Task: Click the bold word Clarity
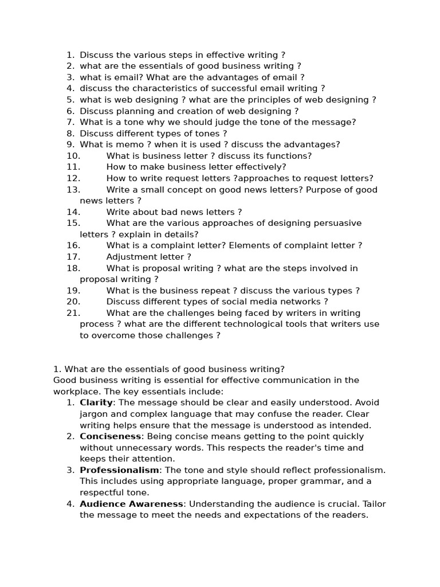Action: (96, 402)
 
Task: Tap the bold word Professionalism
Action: (119, 470)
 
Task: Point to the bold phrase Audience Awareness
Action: (132, 504)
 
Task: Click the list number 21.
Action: (73, 313)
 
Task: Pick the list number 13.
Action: (73, 190)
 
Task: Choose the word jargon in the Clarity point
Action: (94, 414)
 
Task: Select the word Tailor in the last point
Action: (374, 504)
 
